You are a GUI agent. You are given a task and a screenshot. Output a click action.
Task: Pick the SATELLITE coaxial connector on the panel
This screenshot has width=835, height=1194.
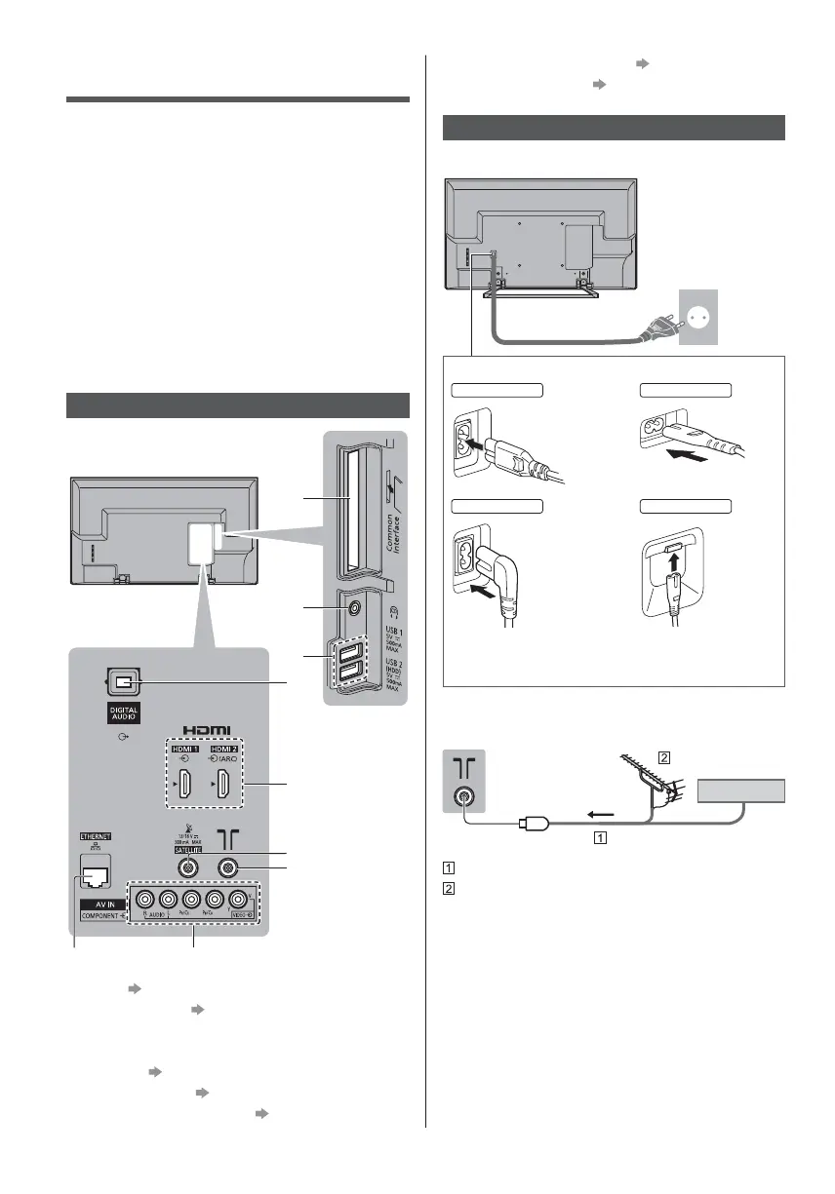click(x=185, y=865)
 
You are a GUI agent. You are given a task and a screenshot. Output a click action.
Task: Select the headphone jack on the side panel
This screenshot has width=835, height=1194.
click(x=352, y=607)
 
